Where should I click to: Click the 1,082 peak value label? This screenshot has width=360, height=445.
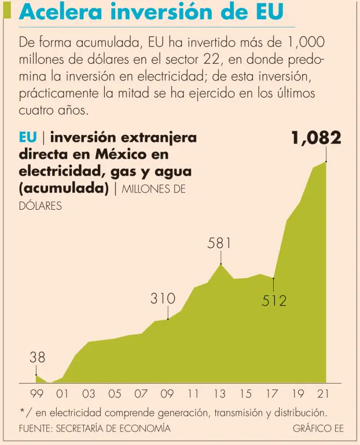[x=316, y=138]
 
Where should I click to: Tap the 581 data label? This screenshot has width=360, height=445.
[x=219, y=244]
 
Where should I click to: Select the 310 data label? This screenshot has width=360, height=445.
[x=163, y=299]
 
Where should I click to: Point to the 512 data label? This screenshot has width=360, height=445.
[x=274, y=301]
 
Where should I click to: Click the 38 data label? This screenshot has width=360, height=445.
[x=37, y=358]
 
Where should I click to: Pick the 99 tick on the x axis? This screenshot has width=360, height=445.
[x=37, y=394]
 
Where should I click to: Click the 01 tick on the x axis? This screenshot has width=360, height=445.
[x=63, y=394]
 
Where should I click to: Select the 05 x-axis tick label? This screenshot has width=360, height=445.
[x=115, y=394]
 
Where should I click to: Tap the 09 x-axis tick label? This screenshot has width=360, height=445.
[x=167, y=394]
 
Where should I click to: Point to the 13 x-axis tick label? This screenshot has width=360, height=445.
[x=219, y=394]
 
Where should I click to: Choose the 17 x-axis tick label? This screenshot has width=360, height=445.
[x=272, y=394]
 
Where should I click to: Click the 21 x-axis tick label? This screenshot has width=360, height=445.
[x=324, y=394]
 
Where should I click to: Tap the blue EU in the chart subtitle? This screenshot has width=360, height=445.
[x=28, y=137]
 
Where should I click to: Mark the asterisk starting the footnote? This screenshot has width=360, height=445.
[x=22, y=412]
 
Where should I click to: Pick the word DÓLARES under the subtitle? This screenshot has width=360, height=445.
[x=41, y=206]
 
